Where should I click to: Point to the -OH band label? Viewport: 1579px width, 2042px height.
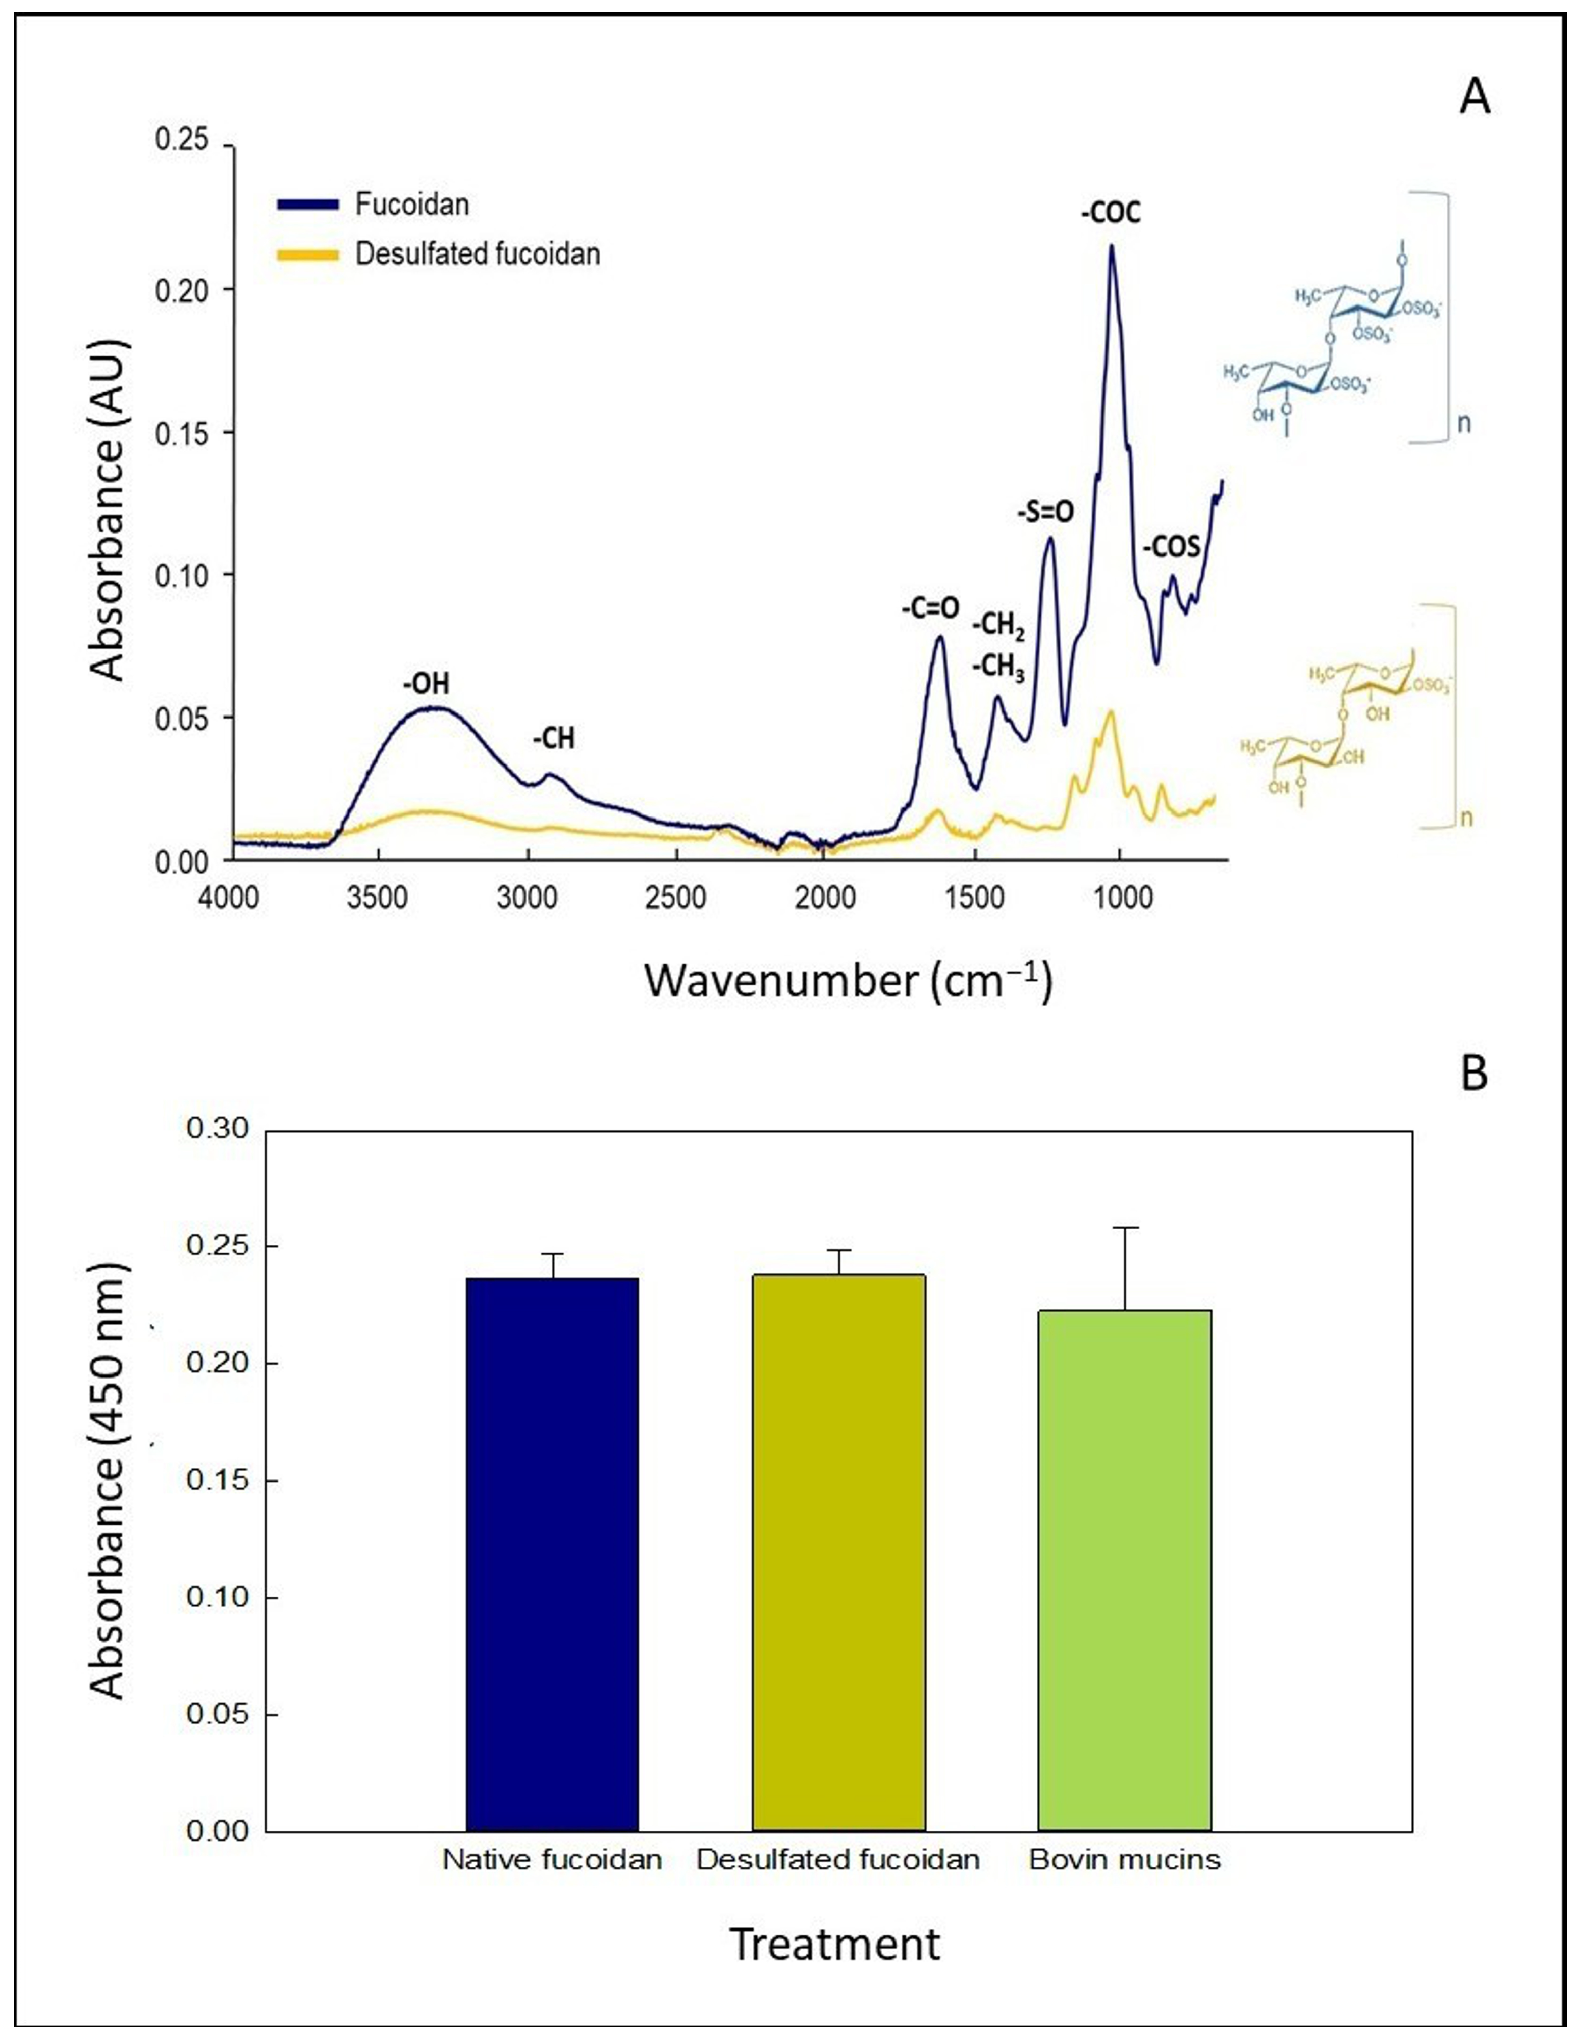427,684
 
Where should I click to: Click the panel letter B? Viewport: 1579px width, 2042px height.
1473,1075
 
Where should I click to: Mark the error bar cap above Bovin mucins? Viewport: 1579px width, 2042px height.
1125,1227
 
